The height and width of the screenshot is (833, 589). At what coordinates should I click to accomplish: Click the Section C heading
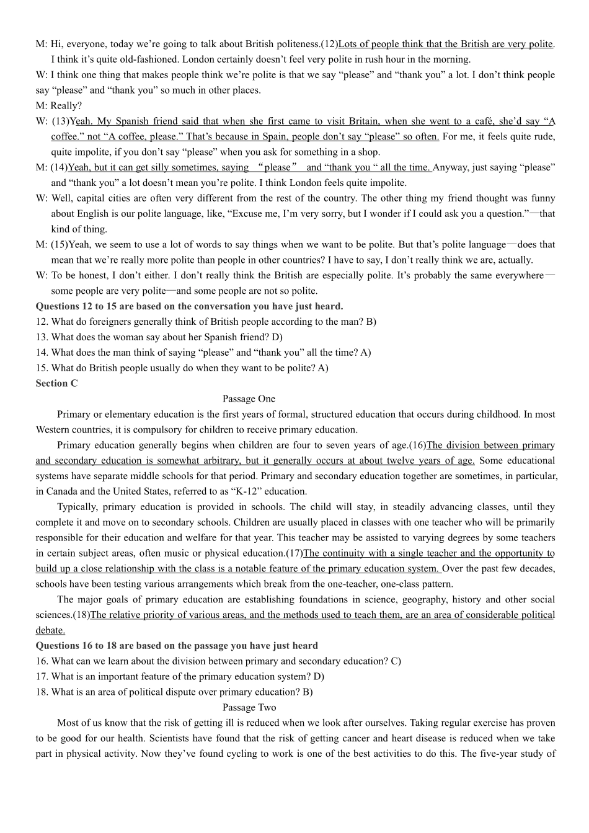pos(56,383)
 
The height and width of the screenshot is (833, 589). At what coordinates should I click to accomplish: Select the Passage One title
pos(249,399)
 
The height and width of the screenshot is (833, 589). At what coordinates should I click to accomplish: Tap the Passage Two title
pos(249,707)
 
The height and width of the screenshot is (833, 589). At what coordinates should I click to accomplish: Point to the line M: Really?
pos(59,105)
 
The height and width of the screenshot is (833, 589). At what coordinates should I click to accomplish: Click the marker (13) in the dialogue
pos(60,121)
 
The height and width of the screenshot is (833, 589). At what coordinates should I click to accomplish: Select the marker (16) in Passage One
pos(418,445)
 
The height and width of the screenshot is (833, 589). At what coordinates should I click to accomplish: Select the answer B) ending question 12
pos(371,322)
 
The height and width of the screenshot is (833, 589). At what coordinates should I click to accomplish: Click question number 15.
pos(42,368)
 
